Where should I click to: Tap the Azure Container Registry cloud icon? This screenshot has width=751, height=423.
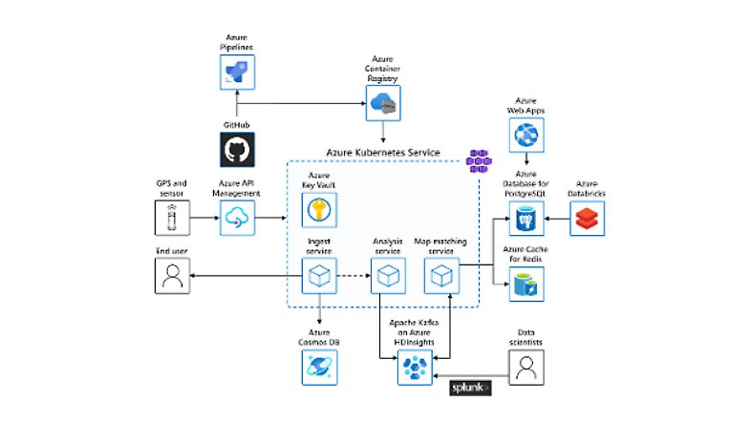(384, 104)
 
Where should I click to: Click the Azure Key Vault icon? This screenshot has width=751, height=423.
(318, 209)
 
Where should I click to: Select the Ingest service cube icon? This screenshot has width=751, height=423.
(318, 278)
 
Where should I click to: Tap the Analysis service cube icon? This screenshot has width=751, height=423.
(389, 278)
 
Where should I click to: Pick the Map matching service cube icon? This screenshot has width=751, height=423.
(441, 278)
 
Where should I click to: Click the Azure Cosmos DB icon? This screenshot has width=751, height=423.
(318, 365)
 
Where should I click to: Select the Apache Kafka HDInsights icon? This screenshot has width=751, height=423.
(414, 367)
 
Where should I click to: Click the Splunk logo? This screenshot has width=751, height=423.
(471, 388)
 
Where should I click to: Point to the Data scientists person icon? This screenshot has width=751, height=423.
(526, 367)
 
